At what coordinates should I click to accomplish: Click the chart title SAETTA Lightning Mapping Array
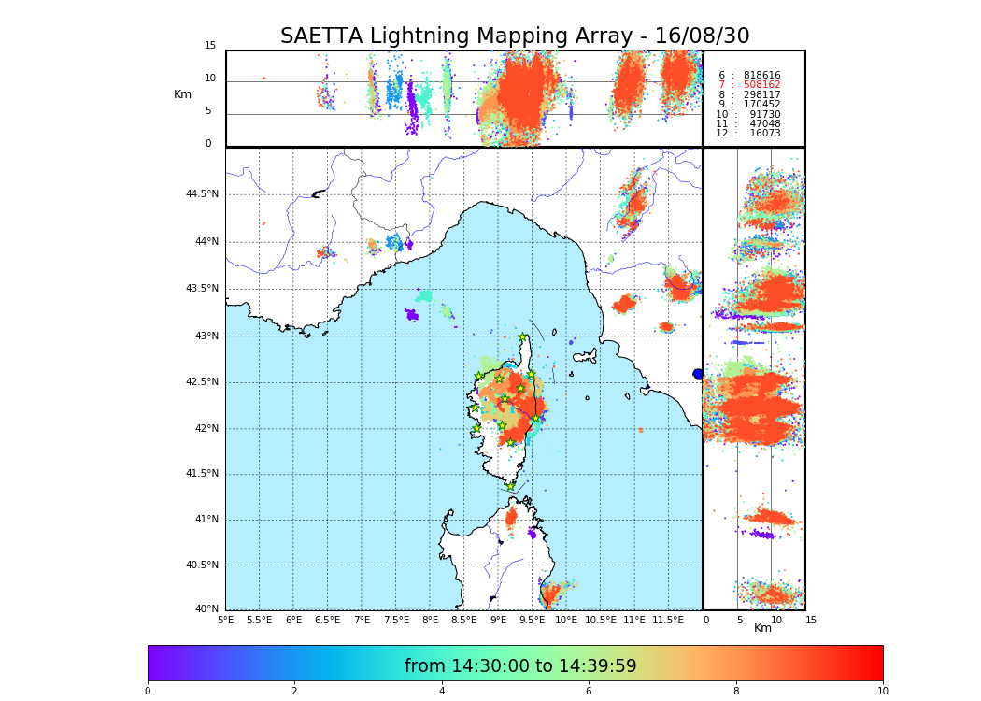515,36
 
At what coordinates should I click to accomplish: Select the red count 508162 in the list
761,85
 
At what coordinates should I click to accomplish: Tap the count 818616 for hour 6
761,76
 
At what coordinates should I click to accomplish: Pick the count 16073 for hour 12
764,134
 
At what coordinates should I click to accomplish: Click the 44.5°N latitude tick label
201,194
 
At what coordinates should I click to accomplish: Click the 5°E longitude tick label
225,620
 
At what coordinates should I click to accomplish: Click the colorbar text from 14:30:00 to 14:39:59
520,666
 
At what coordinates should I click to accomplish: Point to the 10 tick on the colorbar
882,692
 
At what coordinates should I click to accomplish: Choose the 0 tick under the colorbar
148,692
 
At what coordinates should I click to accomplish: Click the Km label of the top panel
182,94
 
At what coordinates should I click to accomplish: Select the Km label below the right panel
762,628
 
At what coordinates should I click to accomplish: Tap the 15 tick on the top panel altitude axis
210,46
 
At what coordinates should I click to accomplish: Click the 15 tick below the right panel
811,620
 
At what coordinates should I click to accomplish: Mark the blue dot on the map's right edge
698,374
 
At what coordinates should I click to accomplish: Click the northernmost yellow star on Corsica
523,337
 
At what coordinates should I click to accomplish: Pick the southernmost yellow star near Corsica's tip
511,486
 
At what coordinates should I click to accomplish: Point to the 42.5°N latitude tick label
201,381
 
